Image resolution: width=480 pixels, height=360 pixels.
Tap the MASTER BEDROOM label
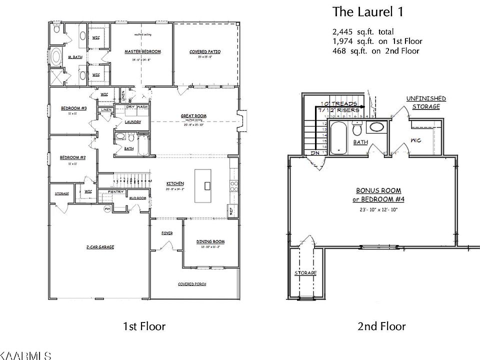[142, 51]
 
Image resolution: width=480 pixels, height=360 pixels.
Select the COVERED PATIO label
[205, 52]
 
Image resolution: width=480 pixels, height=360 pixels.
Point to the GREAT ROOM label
[194, 116]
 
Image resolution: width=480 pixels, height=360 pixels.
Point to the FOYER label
[166, 233]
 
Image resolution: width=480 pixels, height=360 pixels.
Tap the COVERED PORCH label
[192, 284]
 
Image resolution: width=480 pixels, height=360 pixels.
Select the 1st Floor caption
[144, 326]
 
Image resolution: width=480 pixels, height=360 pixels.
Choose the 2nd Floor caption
[381, 326]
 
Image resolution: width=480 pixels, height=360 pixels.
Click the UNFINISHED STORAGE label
[426, 102]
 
